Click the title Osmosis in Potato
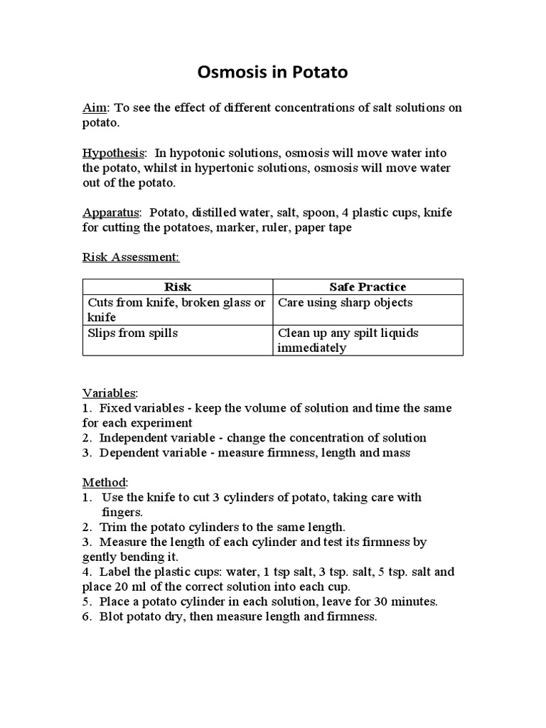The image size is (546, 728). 272,73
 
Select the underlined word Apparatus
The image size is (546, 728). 111,213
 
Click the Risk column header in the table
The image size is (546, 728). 178,287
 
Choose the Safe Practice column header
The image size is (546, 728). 368,287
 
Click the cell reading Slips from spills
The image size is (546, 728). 134,333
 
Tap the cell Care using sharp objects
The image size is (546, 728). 346,303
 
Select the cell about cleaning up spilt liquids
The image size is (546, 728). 348,340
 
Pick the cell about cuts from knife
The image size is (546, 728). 176,310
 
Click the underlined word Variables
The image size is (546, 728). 109,393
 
